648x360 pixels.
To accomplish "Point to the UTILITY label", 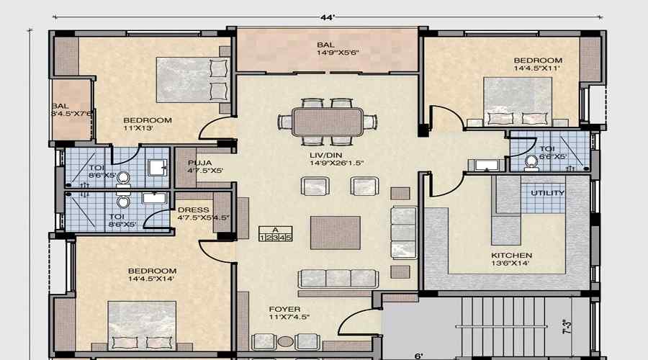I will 548,193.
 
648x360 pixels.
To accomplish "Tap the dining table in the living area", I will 328,121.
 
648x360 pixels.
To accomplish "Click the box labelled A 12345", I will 275,234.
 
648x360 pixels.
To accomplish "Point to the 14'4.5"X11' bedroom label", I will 537,64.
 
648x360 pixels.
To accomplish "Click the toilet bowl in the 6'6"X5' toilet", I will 532,162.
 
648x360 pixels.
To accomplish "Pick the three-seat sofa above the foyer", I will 337,279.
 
